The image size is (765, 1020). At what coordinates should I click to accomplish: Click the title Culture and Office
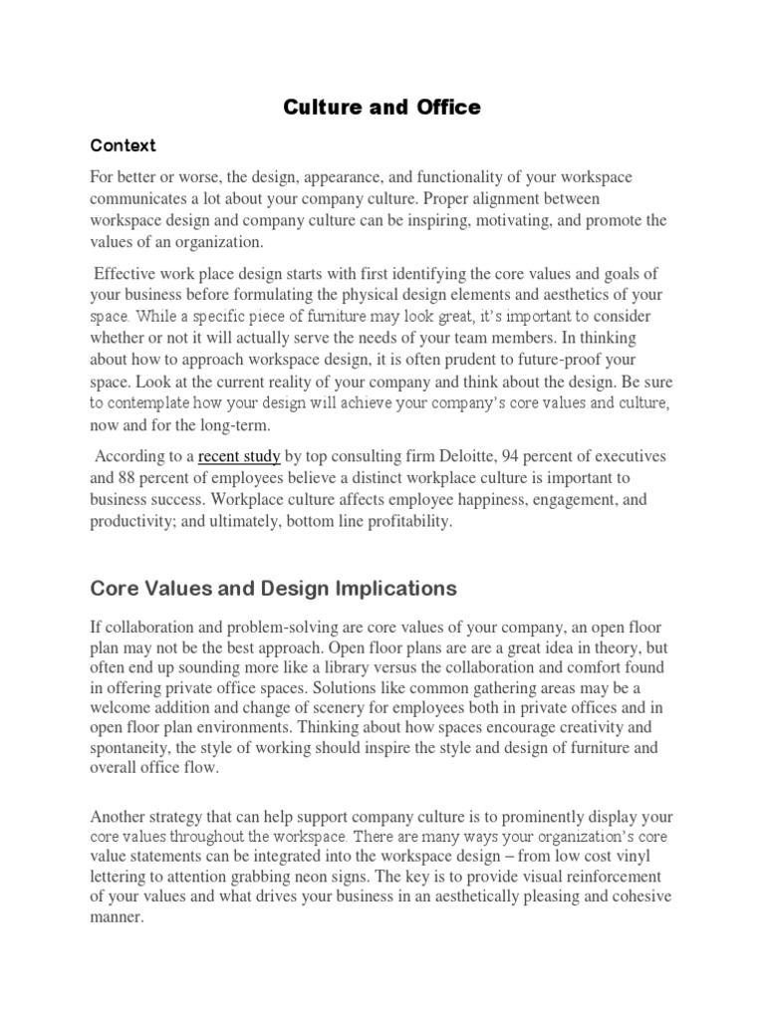tap(382, 108)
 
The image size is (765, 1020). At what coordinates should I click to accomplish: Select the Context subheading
tap(123, 145)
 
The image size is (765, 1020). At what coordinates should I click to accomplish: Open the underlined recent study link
tap(239, 457)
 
